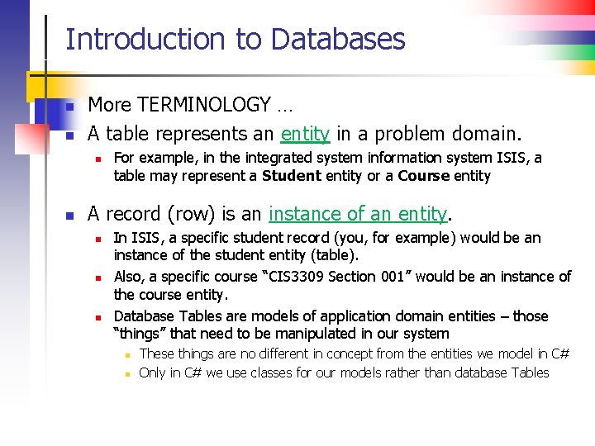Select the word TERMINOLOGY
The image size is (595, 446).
click(204, 105)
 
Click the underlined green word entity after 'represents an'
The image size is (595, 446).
click(305, 134)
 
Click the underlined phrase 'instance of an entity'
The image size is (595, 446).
click(358, 214)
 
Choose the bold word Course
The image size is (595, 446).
click(424, 176)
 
